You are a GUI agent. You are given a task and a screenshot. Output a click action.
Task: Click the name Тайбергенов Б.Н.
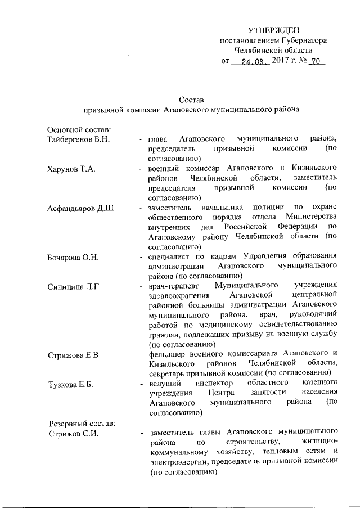click(78, 138)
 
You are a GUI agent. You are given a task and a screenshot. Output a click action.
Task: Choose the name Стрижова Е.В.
click(74, 354)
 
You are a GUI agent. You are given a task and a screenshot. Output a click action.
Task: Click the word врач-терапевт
click(172, 287)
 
